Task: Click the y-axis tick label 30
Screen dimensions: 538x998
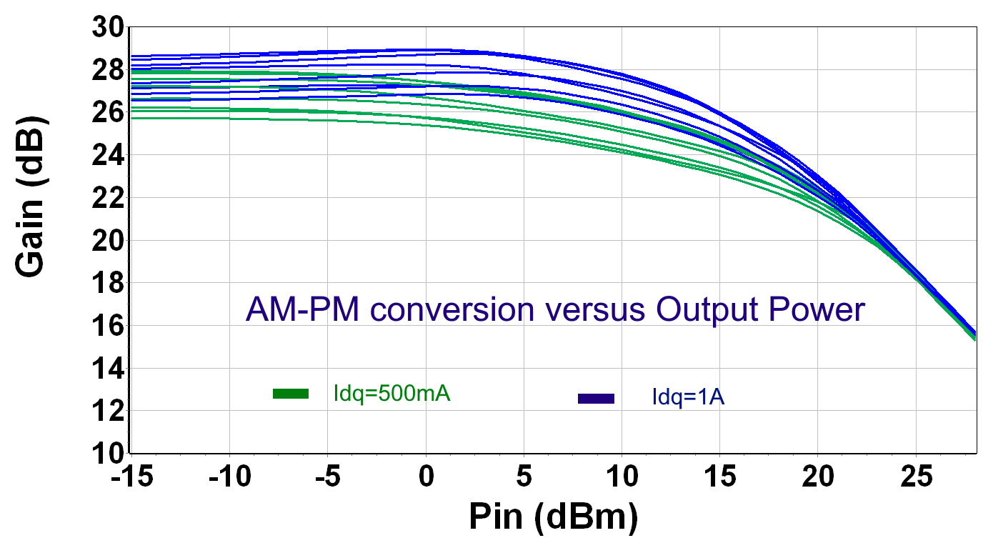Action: pyautogui.click(x=107, y=28)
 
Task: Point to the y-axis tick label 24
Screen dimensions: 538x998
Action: pyautogui.click(x=107, y=156)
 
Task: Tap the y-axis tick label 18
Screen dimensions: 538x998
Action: pyautogui.click(x=107, y=284)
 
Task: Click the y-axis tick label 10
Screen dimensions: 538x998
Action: pyautogui.click(x=107, y=454)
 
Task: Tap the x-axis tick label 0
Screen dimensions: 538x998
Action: pyautogui.click(x=426, y=477)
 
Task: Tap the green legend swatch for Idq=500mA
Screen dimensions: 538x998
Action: pyautogui.click(x=291, y=394)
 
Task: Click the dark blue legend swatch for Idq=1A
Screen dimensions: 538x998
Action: pyautogui.click(x=596, y=399)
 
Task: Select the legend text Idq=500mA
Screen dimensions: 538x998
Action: pyautogui.click(x=391, y=394)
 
